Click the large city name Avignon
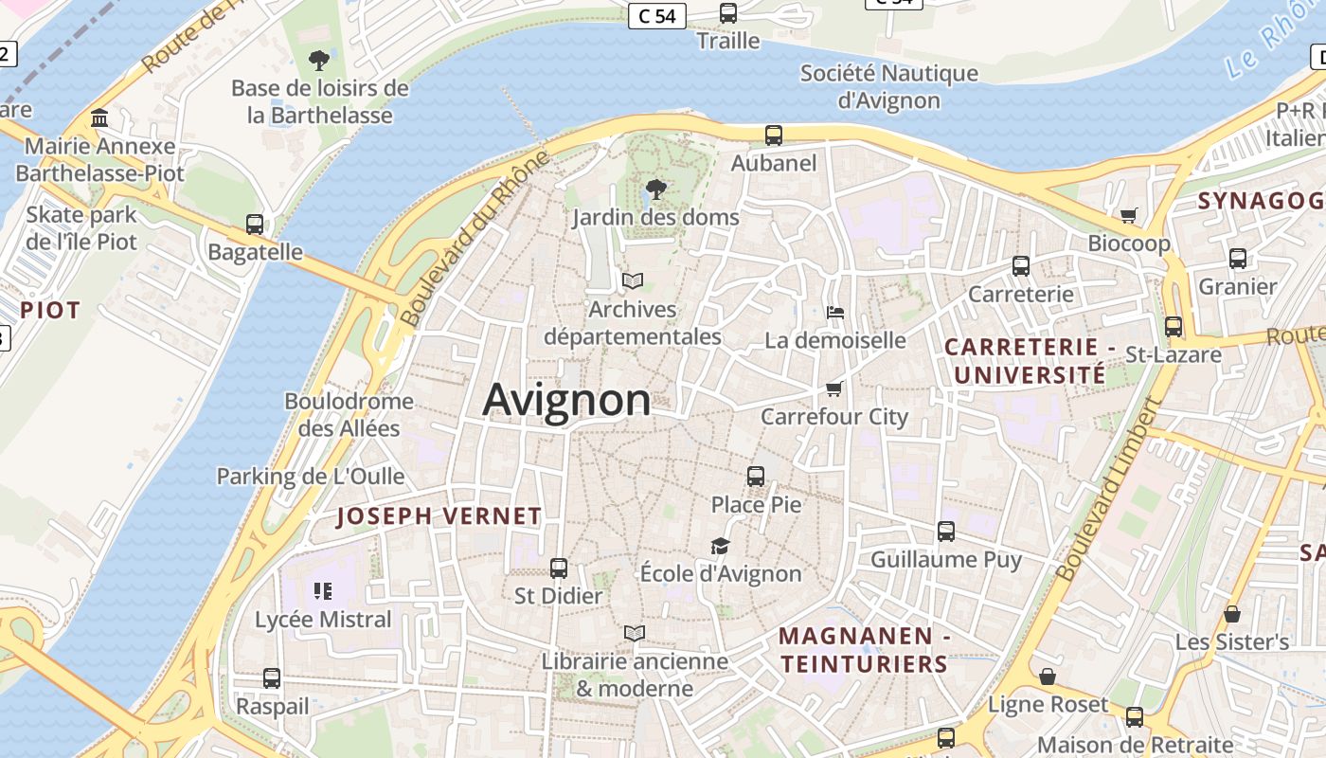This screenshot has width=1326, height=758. [x=566, y=400]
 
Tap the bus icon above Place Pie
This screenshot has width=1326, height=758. [x=755, y=476]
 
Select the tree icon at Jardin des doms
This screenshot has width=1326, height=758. [x=654, y=189]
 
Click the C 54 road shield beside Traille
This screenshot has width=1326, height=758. [x=656, y=15]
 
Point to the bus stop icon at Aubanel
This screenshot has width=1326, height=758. [x=774, y=135]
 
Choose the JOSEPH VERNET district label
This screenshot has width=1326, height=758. [x=439, y=516]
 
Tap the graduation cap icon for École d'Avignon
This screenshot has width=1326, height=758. [x=721, y=546]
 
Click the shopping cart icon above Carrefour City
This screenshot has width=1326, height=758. [x=833, y=388]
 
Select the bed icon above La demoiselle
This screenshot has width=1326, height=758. [x=834, y=312]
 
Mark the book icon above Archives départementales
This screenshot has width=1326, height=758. [x=632, y=280]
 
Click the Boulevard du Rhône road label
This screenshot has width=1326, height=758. [x=475, y=239]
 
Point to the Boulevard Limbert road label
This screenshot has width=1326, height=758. [x=1108, y=489]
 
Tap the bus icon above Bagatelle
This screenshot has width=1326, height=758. [x=254, y=225]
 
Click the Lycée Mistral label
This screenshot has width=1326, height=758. [x=323, y=620]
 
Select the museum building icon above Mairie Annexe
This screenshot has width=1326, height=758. [x=99, y=118]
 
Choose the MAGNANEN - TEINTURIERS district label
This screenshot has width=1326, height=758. [x=865, y=650]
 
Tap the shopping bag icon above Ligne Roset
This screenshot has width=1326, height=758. [x=1047, y=677]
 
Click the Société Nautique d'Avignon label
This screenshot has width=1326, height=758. [x=888, y=86]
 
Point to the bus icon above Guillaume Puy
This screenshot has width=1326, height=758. [x=945, y=532]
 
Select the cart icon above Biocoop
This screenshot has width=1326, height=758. [x=1128, y=215]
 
